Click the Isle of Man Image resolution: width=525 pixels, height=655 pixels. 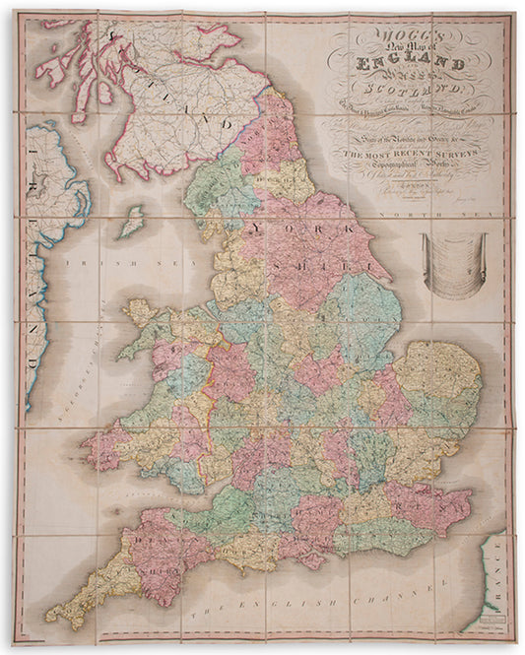click(128, 222)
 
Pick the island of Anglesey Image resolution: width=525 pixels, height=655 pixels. click(138, 314)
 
